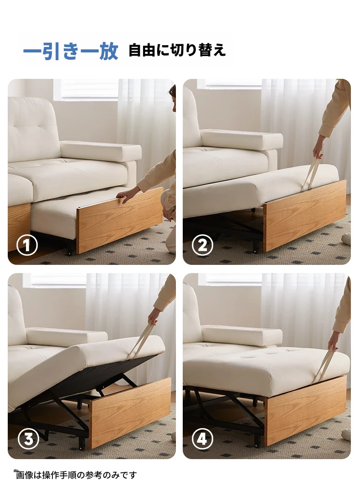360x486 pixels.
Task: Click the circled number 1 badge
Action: [27, 245]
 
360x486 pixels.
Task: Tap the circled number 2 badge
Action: [202, 245]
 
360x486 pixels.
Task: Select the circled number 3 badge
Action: [28, 439]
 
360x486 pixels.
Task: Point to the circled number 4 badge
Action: [202, 439]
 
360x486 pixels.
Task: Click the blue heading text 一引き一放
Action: [71, 51]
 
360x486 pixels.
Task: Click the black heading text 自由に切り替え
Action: [177, 50]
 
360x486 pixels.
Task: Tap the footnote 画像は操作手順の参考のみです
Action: [76, 475]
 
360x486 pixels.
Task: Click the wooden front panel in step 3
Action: [130, 413]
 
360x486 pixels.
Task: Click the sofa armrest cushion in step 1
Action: [101, 151]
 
